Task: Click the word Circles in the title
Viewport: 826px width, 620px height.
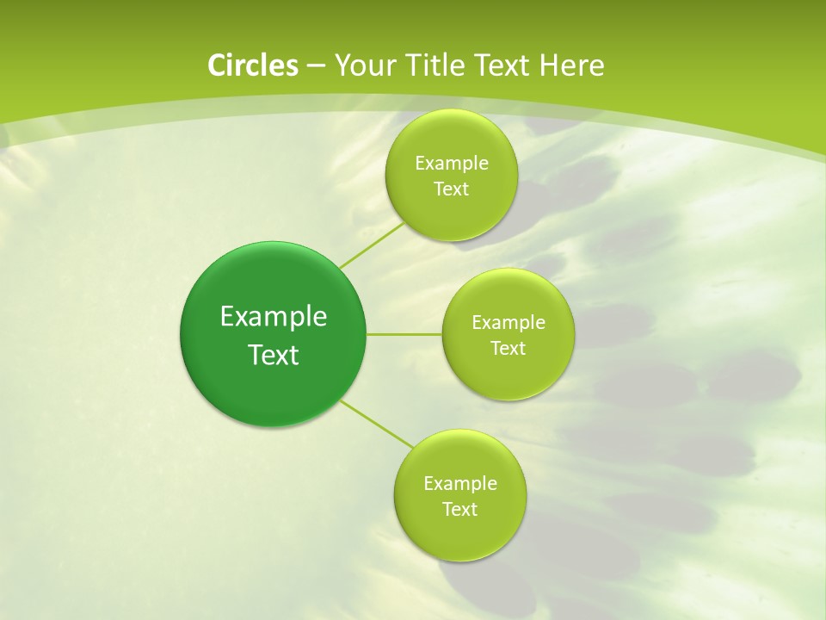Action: coord(252,65)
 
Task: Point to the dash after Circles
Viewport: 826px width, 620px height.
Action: coord(315,65)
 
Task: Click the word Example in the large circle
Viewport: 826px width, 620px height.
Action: coord(274,316)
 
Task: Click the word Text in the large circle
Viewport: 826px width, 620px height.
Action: coord(274,355)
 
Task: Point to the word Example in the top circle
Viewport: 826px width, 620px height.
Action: coord(451,163)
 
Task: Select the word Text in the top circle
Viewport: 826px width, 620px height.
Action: coord(451,189)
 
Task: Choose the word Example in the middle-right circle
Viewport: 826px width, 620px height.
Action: coord(508,322)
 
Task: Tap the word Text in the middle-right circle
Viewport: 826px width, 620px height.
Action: coord(508,348)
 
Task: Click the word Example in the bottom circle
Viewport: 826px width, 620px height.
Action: coord(459,483)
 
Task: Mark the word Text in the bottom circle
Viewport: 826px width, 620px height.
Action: coord(459,509)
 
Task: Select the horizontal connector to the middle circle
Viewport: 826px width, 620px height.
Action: coord(404,334)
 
